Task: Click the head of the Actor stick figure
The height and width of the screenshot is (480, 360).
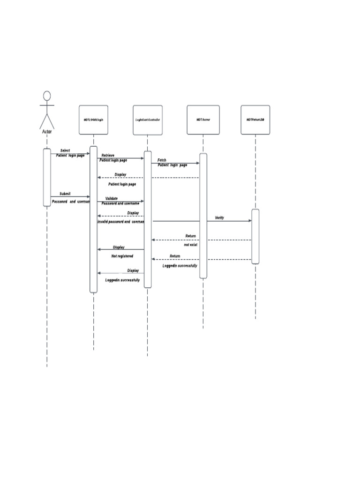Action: click(x=47, y=96)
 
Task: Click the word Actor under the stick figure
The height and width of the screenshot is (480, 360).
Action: click(x=47, y=132)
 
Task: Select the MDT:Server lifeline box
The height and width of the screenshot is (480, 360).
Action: click(x=203, y=120)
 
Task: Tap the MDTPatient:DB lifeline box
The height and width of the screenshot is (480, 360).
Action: click(x=255, y=120)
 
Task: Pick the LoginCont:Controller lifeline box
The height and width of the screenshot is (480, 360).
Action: click(x=148, y=120)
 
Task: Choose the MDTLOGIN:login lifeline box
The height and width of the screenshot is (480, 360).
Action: click(x=93, y=120)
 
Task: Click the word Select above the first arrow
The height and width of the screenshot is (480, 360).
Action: click(x=65, y=150)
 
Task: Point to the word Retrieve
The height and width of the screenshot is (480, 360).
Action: click(x=108, y=155)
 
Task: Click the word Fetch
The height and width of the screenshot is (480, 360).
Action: click(x=162, y=160)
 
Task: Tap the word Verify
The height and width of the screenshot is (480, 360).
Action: click(x=219, y=218)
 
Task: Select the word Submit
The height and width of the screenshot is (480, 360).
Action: click(x=65, y=194)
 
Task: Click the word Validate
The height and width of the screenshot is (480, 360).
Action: click(x=112, y=199)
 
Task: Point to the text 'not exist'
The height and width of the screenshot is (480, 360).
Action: click(x=190, y=245)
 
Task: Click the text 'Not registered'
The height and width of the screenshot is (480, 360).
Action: click(x=122, y=256)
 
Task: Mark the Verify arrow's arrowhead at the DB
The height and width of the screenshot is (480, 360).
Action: click(x=250, y=221)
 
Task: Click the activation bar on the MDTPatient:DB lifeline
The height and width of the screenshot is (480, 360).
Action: click(x=255, y=237)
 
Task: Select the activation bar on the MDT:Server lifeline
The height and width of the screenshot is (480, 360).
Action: click(x=203, y=216)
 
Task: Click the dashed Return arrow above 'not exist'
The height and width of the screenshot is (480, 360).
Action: click(x=202, y=240)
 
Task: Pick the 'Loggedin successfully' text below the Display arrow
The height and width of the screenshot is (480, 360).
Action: click(x=122, y=280)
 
